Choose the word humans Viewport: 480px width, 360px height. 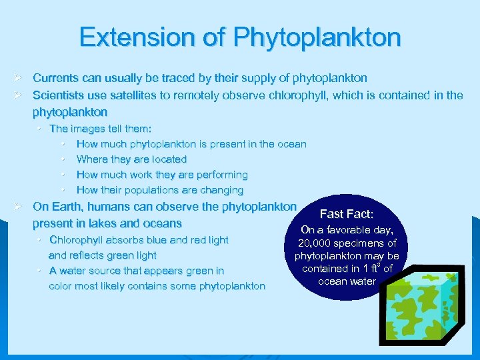point(109,207)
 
